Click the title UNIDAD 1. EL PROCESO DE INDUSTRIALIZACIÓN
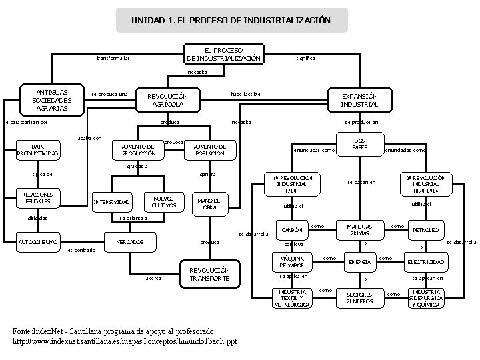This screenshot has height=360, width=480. [231, 20]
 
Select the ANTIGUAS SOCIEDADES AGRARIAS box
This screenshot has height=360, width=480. [50, 100]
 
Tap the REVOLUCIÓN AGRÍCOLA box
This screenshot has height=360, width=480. [166, 100]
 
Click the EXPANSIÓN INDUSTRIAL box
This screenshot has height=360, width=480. [359, 100]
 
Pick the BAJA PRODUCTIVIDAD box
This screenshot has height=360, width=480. [38, 151]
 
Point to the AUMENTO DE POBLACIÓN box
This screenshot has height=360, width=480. [209, 150]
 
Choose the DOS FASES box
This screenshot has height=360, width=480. [359, 143]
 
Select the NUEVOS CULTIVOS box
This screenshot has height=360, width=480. [163, 201]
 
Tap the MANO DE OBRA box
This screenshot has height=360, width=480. [209, 203]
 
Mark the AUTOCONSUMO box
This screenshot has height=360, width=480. [39, 241]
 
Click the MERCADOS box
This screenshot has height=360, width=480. [130, 241]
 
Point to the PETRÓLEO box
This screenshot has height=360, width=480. [425, 230]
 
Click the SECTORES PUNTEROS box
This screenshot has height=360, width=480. [359, 297]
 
